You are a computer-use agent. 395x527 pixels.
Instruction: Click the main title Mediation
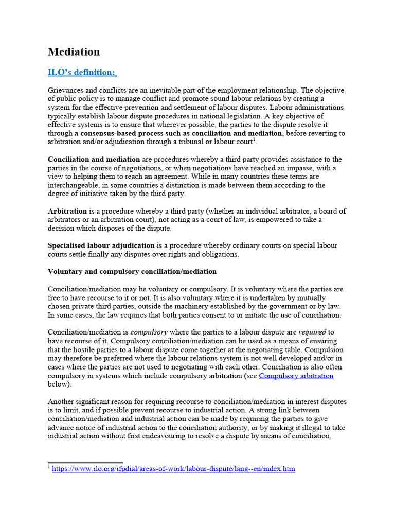click(x=74, y=52)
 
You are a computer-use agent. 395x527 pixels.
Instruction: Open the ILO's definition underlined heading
click(x=82, y=72)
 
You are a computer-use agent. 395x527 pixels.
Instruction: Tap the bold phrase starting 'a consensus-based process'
click(x=178, y=133)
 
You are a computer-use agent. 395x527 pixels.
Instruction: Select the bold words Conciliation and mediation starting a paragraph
click(x=94, y=160)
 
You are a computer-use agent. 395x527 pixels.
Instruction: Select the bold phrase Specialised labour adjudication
click(x=101, y=245)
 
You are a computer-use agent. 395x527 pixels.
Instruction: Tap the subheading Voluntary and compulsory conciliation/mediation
click(x=132, y=271)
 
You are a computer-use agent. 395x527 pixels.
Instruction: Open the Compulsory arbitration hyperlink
click(x=296, y=376)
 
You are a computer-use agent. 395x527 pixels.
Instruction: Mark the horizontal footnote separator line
click(x=85, y=463)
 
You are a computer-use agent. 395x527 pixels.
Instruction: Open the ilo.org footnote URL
click(x=173, y=469)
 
